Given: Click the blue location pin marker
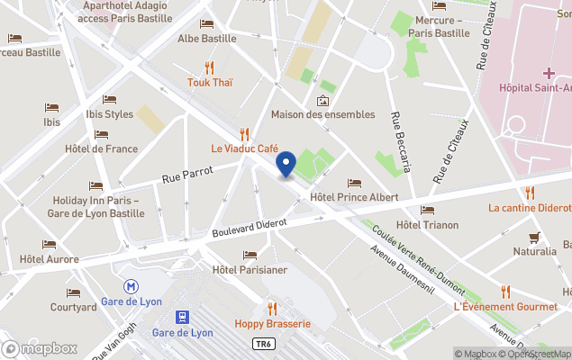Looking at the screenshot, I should [286, 165].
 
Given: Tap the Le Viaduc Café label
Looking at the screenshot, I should [244, 148].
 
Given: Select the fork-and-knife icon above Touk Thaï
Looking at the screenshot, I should [209, 67].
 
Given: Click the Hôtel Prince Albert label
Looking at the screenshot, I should [353, 196].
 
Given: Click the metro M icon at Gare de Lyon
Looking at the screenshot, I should [132, 285].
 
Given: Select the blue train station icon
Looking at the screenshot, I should [182, 317].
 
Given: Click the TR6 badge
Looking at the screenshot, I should [262, 344].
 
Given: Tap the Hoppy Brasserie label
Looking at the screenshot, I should [272, 323].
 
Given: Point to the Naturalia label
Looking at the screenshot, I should [534, 252].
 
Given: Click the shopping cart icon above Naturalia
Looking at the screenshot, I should [535, 238].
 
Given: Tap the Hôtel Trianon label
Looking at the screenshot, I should [427, 225].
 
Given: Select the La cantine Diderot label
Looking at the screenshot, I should [529, 207].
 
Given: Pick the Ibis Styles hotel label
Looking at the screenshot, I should [109, 114].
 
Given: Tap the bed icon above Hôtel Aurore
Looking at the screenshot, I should [49, 244].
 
